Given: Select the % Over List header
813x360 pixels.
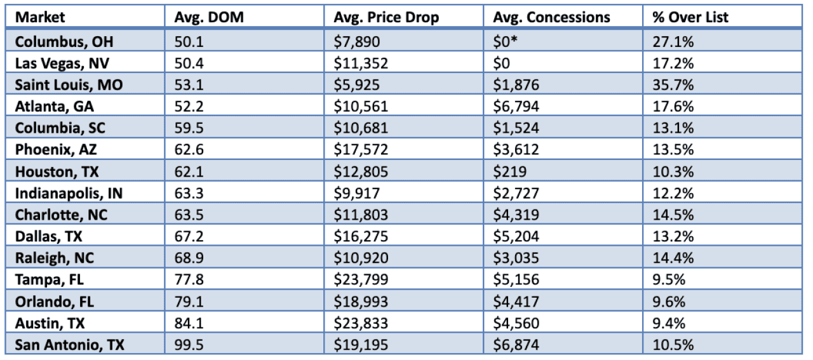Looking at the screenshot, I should [x=690, y=18].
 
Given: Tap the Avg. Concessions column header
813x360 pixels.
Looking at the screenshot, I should [x=551, y=18].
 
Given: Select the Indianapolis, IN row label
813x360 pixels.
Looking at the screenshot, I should [x=69, y=193].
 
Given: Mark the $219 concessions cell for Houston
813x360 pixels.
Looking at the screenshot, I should [x=506, y=171].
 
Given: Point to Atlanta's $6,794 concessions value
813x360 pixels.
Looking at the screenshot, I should [x=516, y=107].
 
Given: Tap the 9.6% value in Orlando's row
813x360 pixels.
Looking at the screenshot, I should [x=669, y=302].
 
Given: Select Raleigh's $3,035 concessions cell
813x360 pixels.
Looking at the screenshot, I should [x=516, y=258].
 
